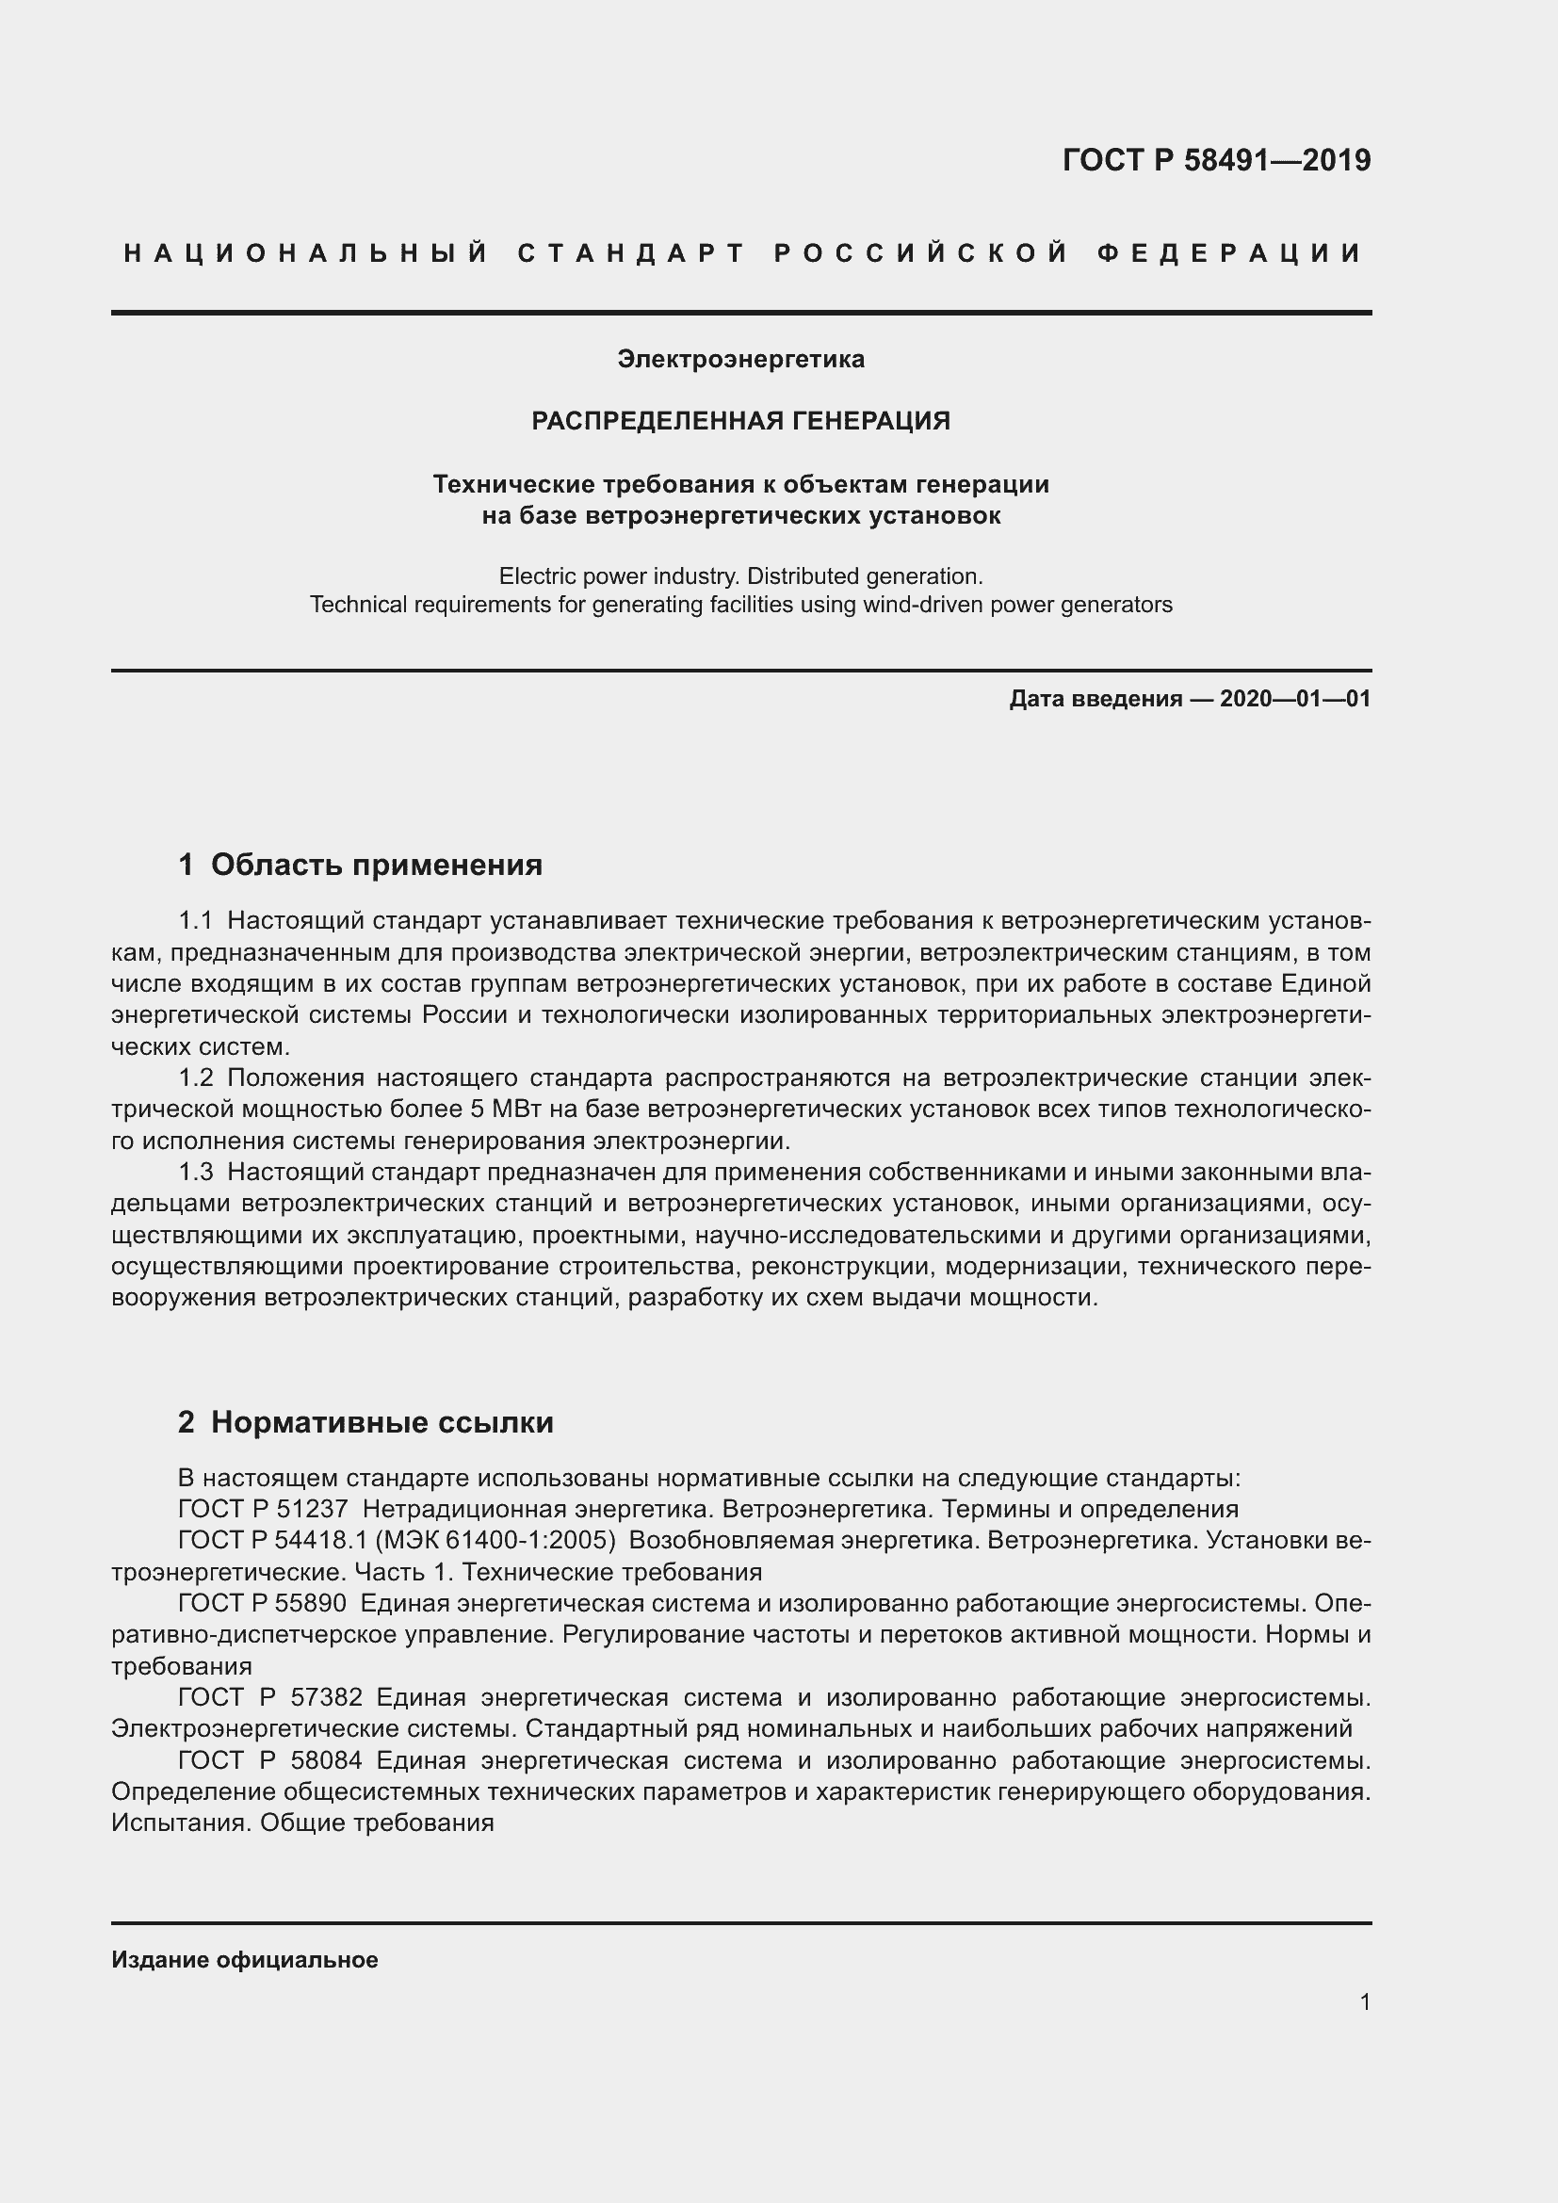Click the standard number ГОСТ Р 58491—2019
(x=1215, y=160)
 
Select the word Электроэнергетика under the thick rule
(x=740, y=359)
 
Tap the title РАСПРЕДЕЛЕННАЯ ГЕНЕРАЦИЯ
(x=740, y=420)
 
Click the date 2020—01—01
(x=1294, y=699)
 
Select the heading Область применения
(x=376, y=865)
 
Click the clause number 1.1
(x=195, y=921)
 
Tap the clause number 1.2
(x=195, y=1077)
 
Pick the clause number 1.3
(x=195, y=1172)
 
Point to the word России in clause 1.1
(x=464, y=1015)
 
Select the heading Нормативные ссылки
(x=381, y=1422)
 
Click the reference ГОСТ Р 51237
(x=263, y=1509)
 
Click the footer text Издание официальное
(x=245, y=1959)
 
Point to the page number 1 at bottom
(x=1364, y=2001)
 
